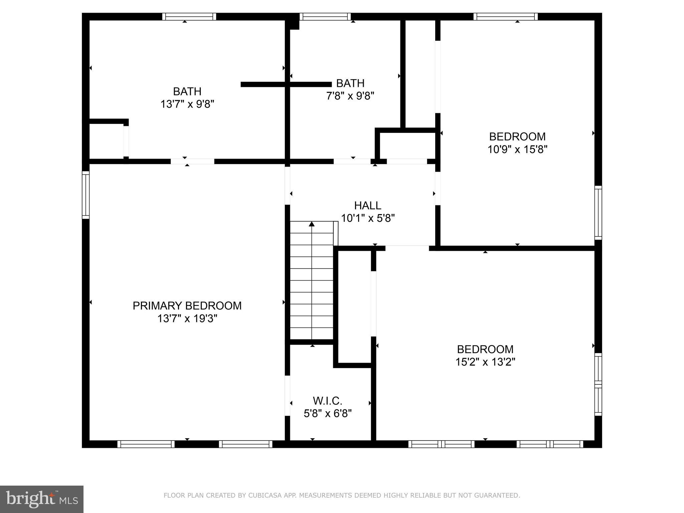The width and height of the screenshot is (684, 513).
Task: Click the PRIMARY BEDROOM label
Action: pos(187,306)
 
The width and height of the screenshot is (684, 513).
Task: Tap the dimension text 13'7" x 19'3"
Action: pos(187,319)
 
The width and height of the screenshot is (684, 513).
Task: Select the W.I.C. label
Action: pos(327,400)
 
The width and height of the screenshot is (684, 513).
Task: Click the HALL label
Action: pos(367,205)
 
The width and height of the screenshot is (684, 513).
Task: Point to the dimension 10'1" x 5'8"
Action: pos(367,218)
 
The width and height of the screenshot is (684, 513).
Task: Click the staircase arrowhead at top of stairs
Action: pos(312,224)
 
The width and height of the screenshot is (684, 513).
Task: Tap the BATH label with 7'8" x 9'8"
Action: pos(350,83)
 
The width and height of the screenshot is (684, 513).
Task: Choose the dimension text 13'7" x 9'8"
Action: pos(187,104)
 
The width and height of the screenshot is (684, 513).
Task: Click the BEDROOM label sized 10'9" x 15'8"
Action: pos(517,136)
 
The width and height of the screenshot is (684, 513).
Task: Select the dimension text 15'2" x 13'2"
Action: pos(485,362)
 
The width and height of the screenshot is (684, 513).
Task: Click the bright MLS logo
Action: pos(42,499)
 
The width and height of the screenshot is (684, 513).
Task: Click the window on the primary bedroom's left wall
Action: pos(86,195)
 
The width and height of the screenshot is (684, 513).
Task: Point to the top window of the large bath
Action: pos(189,17)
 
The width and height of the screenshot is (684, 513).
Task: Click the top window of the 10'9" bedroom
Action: pos(505,17)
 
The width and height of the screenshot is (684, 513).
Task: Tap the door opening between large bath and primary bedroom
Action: pos(192,161)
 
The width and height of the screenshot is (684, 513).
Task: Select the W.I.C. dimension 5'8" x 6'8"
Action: pos(327,413)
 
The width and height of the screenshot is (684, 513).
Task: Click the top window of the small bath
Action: pos(325,17)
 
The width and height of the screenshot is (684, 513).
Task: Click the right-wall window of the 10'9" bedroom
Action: pos(598,213)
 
